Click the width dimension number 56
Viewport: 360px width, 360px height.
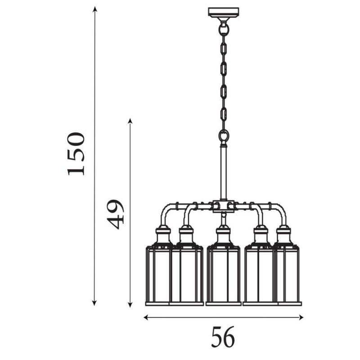[x=223, y=337]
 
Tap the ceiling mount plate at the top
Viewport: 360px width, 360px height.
[x=223, y=12]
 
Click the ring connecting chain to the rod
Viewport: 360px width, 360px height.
[x=223, y=135]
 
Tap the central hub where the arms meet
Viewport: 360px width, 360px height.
[x=223, y=206]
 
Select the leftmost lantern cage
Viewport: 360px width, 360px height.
[x=157, y=274]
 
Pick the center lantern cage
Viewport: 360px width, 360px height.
[x=223, y=274]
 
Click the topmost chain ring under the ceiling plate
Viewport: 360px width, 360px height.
[x=223, y=30]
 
